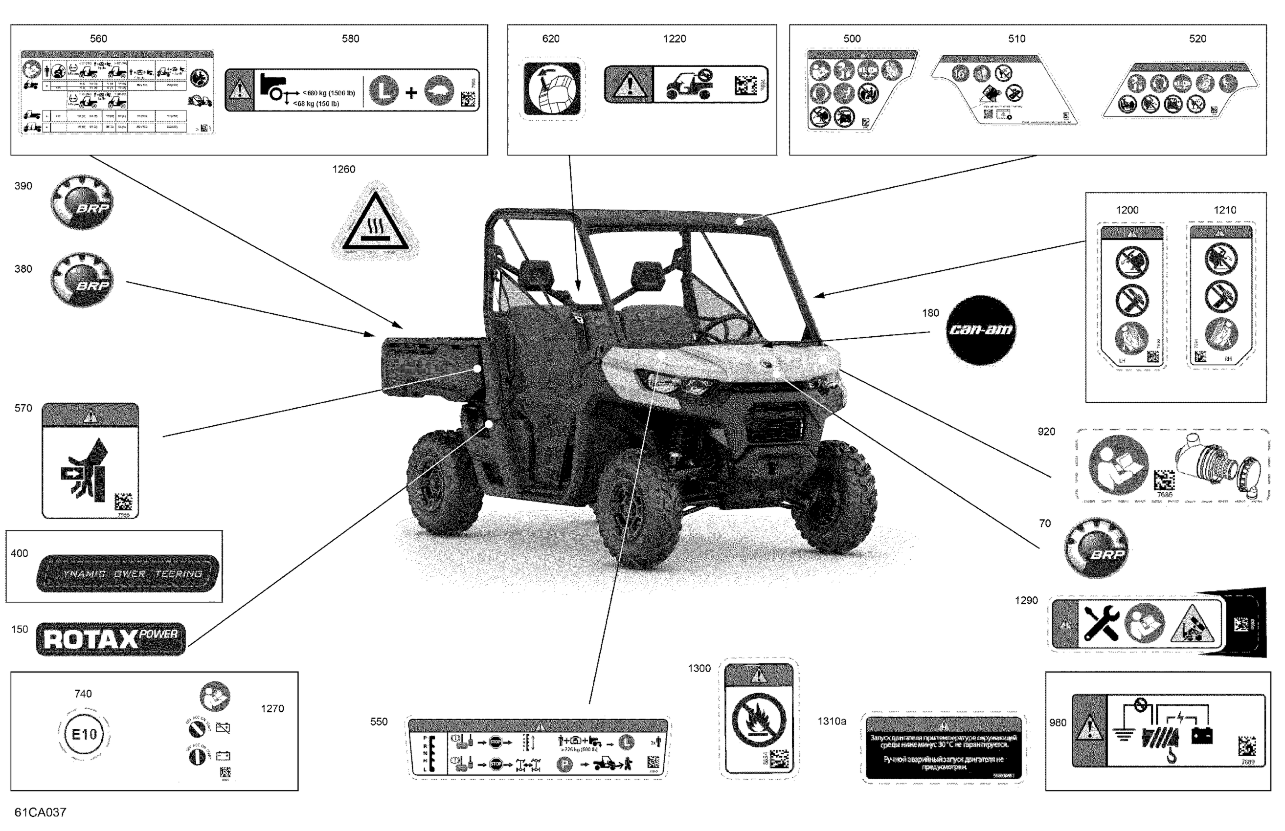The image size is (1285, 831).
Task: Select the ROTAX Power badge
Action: click(x=111, y=639)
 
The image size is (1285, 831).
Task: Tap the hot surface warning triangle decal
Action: click(x=376, y=222)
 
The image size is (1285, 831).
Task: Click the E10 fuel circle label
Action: click(x=84, y=734)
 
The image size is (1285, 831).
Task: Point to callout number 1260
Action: click(x=343, y=170)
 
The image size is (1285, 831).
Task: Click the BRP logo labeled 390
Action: click(x=82, y=202)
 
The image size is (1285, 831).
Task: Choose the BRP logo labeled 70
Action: click(x=1096, y=548)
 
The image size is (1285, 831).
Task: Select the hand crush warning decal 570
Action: click(x=90, y=461)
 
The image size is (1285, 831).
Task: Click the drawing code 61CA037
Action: click(x=41, y=812)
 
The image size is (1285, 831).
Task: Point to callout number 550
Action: click(x=379, y=722)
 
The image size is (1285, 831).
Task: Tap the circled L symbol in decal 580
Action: click(x=383, y=90)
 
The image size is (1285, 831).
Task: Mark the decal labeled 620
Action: click(x=551, y=88)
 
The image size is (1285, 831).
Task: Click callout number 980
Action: click(x=1058, y=722)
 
